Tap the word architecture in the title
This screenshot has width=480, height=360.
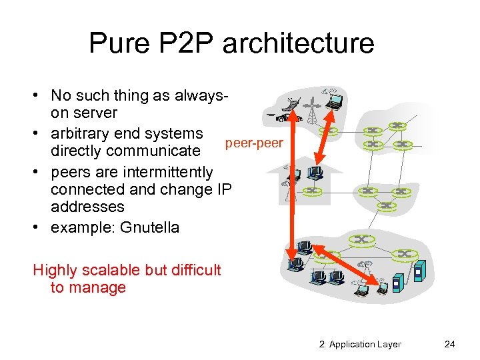coord(298,44)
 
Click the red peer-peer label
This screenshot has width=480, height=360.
coord(254,143)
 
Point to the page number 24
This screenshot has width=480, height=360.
coord(449,344)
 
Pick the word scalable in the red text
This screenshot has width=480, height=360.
coord(113,270)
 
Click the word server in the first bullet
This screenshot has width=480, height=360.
coord(97,113)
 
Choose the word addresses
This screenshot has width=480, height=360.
coord(87,207)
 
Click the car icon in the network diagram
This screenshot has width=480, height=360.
coord(280,117)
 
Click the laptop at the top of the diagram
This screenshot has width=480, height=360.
coord(333,101)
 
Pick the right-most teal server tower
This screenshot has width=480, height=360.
coord(419,273)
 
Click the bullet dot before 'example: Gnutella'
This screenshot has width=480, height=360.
coord(38,227)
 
